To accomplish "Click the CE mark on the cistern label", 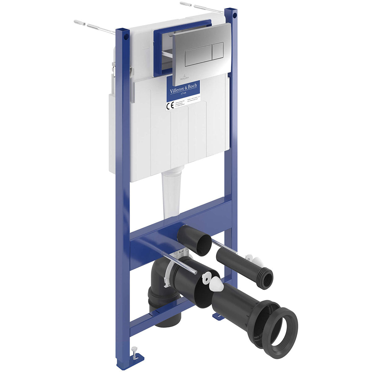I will coord(170,105).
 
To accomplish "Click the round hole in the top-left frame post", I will coord(126,37).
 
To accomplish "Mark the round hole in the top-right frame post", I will coord(235,15).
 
